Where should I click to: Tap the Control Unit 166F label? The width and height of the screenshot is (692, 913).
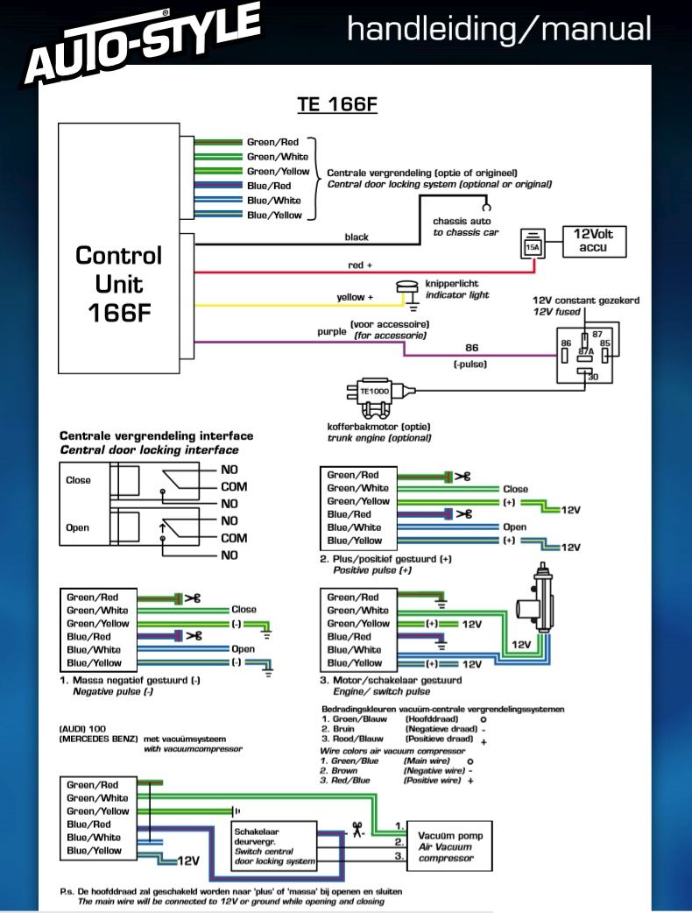[118, 284]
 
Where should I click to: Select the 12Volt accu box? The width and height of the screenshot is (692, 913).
[595, 242]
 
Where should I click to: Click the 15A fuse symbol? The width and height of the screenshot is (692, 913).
[532, 246]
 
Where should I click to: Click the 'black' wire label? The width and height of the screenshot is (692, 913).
[357, 237]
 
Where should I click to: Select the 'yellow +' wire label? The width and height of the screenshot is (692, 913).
[355, 298]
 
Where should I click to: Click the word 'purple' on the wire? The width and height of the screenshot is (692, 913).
[332, 332]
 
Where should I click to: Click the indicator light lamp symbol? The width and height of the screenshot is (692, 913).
[406, 290]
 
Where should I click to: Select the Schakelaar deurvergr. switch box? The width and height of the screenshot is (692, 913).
[274, 846]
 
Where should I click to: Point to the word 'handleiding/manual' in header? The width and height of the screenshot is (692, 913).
[499, 29]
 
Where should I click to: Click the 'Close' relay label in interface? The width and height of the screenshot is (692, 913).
[78, 480]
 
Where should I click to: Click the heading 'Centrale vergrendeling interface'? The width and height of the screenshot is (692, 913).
[156, 435]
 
